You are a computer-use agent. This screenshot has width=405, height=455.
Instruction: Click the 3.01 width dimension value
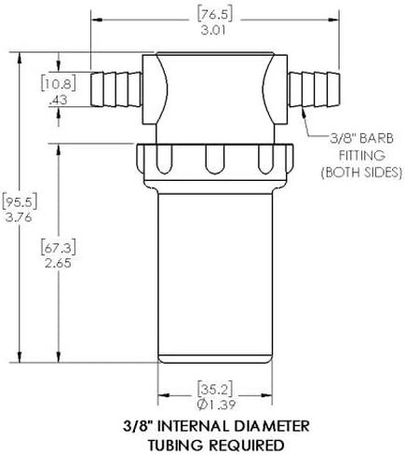(214, 31)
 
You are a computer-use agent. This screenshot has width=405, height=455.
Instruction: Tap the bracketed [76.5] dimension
(215, 15)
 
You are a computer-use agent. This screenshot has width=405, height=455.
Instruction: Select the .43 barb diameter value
(59, 100)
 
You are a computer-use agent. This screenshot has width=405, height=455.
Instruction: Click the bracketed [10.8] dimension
(59, 84)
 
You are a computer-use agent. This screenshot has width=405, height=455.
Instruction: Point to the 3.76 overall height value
(20, 217)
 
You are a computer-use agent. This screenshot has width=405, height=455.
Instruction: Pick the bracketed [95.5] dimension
(20, 201)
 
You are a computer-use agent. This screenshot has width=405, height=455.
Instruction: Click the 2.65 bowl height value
(59, 264)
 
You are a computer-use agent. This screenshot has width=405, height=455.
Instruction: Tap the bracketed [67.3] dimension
(59, 248)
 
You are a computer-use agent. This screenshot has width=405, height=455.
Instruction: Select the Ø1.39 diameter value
(216, 405)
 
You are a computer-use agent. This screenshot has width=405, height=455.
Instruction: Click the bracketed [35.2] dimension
(215, 389)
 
